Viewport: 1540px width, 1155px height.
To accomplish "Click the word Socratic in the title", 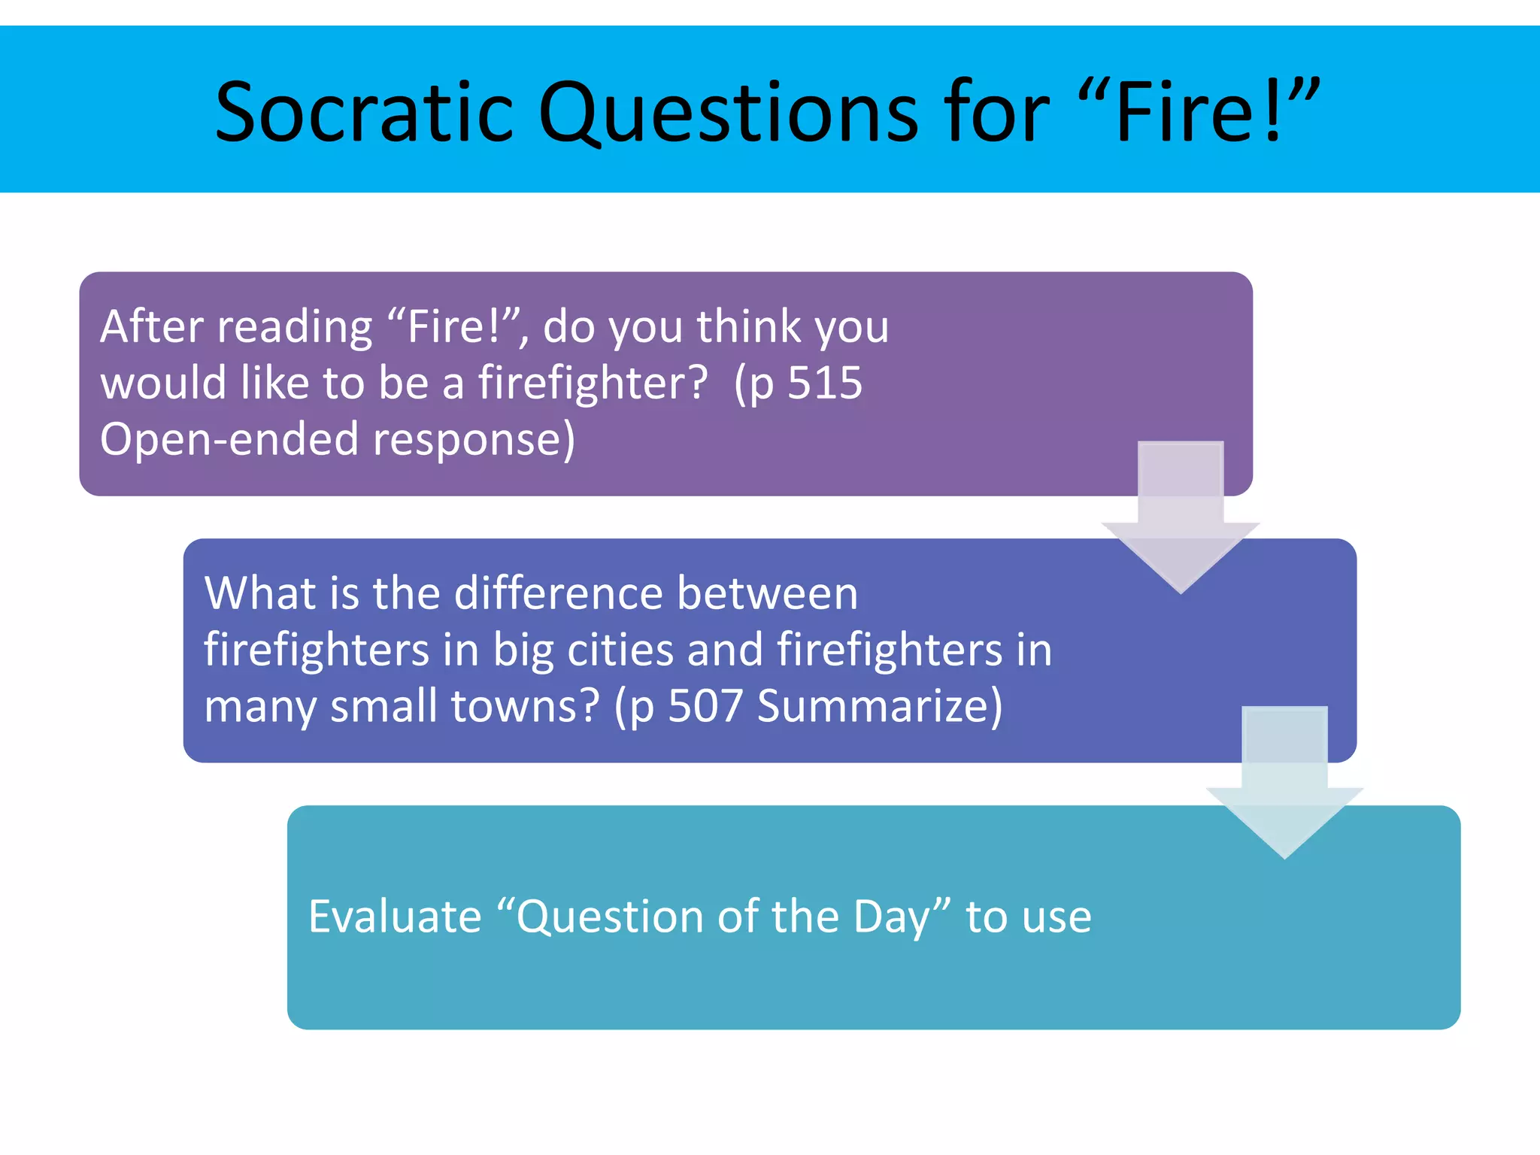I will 363,113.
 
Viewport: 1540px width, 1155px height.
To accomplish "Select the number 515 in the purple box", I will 825,383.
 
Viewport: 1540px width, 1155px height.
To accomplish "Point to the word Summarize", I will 879,706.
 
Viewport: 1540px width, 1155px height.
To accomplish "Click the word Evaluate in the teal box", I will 395,917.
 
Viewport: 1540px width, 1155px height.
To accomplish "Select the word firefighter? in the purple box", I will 593,383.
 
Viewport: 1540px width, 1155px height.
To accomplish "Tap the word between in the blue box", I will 767,593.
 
